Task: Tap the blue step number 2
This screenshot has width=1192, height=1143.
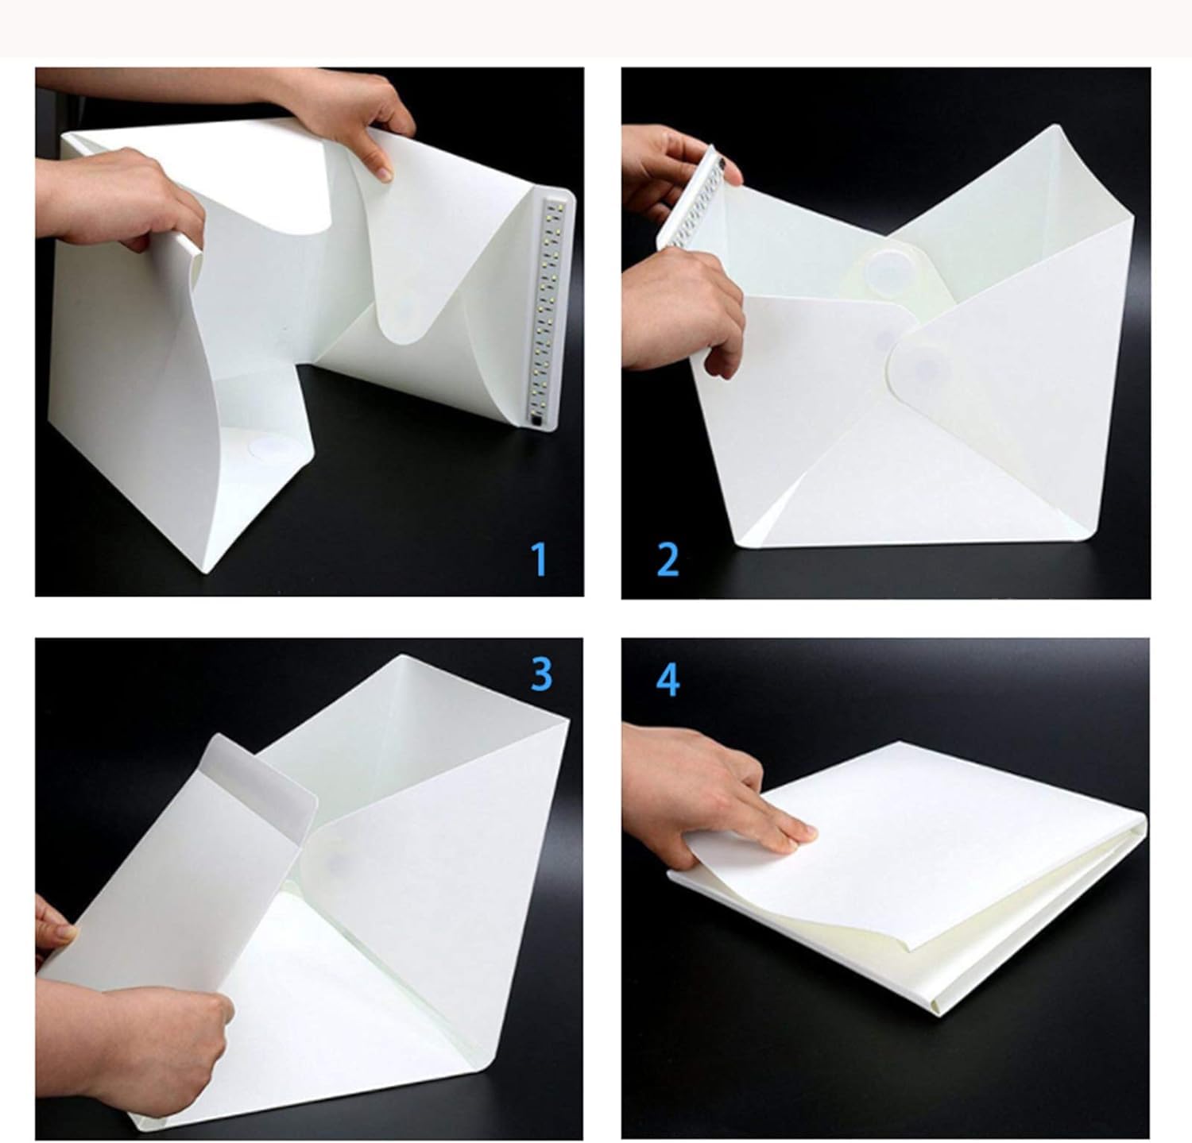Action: click(x=668, y=559)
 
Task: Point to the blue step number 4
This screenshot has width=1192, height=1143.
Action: click(x=668, y=681)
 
